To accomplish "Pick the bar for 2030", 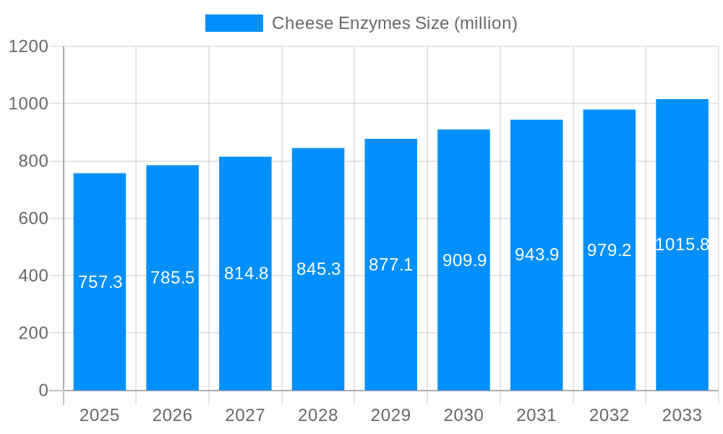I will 463,325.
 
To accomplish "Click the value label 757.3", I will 100,282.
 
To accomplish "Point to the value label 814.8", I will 246,273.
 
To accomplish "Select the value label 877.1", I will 390,265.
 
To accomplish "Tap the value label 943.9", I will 536,255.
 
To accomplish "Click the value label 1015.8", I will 682,244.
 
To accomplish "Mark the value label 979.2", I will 609,250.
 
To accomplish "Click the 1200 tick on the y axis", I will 28,47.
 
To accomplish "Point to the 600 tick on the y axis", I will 33,218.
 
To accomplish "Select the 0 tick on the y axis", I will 43,391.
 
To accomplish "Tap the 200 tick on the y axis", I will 33,333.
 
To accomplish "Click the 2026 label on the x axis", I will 172,415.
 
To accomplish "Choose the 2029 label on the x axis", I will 390,415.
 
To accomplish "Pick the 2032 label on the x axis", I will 609,415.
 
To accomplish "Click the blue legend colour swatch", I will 234,23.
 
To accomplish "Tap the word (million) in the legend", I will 485,23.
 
